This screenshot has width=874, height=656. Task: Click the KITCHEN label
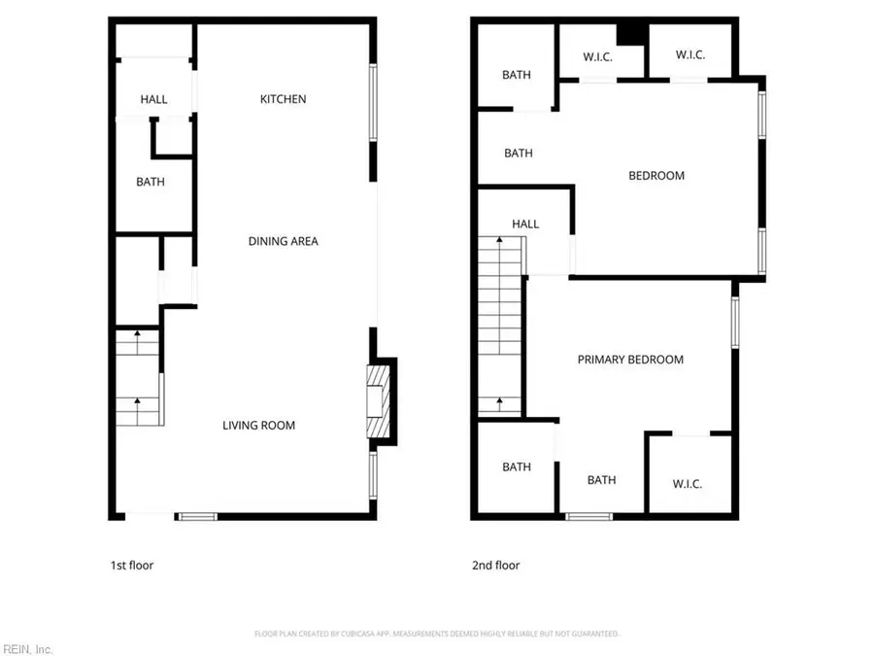tap(283, 99)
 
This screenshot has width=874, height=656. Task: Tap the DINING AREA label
tap(283, 241)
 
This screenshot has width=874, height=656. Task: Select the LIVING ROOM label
tap(258, 425)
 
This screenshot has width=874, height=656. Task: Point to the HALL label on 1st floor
tap(153, 99)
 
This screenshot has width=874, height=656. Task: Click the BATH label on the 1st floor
tap(151, 182)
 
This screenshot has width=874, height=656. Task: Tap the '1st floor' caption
tap(131, 565)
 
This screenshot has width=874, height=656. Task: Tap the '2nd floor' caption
tap(495, 565)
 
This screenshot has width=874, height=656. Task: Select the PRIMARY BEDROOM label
tap(630, 360)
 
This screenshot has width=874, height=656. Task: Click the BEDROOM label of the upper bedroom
tap(656, 176)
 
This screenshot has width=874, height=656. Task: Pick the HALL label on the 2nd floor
tap(525, 224)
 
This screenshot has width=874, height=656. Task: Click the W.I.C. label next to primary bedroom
tap(687, 484)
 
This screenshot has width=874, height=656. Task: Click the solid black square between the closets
tap(633, 33)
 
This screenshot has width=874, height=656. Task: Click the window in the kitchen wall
tap(374, 104)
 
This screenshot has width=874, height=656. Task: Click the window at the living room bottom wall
tap(195, 516)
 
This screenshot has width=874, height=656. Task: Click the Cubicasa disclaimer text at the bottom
tap(437, 634)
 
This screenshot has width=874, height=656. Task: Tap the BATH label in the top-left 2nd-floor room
tap(517, 75)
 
